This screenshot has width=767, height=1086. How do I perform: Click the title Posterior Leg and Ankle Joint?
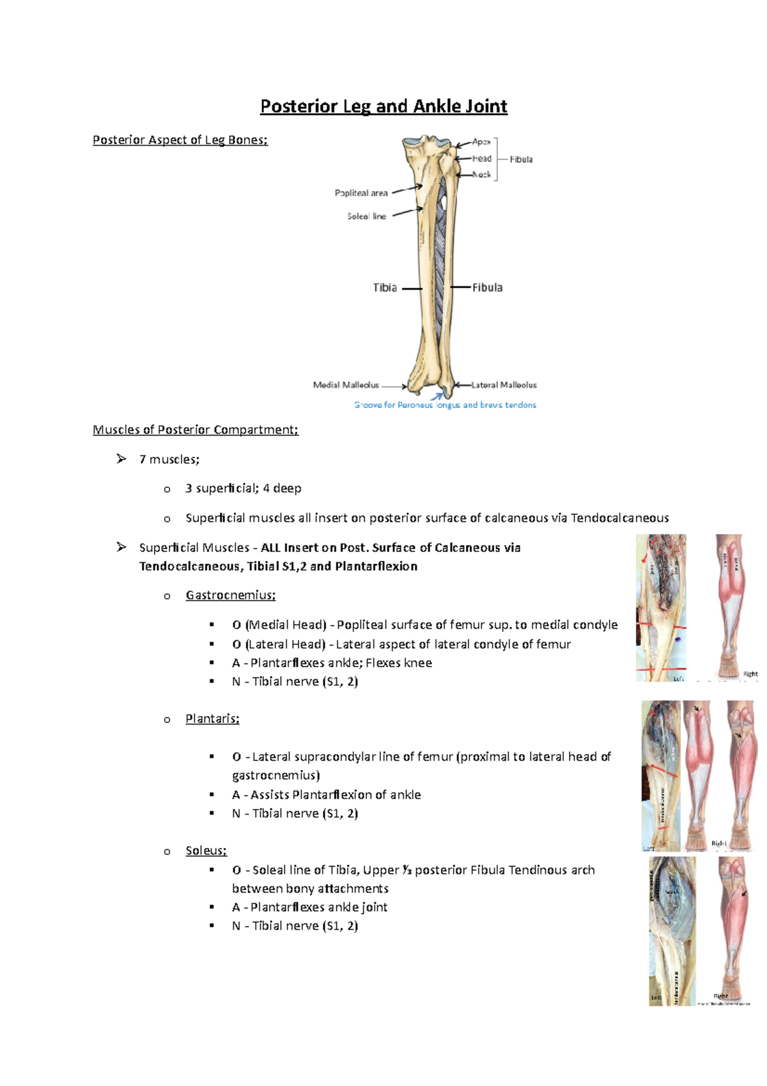[383, 106]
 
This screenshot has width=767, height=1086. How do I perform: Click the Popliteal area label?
[361, 193]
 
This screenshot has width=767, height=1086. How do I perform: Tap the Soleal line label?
[366, 216]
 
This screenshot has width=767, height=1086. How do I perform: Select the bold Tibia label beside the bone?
[385, 288]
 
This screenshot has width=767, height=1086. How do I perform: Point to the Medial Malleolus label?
[346, 385]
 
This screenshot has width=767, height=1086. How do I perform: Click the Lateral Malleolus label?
[504, 385]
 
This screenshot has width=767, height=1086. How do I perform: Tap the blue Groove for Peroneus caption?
[445, 405]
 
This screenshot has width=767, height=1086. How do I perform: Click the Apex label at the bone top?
[481, 142]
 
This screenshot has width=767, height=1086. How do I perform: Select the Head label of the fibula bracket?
[482, 159]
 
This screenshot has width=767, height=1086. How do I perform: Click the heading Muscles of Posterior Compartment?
[196, 430]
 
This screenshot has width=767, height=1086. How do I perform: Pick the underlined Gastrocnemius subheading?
[230, 595]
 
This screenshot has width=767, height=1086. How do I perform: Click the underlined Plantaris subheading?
[212, 719]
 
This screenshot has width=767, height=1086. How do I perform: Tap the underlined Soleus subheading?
[206, 851]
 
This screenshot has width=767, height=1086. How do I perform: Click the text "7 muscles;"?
[169, 459]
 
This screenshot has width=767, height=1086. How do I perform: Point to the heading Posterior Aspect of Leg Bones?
[180, 140]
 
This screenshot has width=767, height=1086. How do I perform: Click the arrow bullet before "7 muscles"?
[121, 459]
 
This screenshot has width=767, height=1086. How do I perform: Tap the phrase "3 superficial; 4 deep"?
[244, 489]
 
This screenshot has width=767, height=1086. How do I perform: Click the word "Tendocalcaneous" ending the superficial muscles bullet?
[619, 518]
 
